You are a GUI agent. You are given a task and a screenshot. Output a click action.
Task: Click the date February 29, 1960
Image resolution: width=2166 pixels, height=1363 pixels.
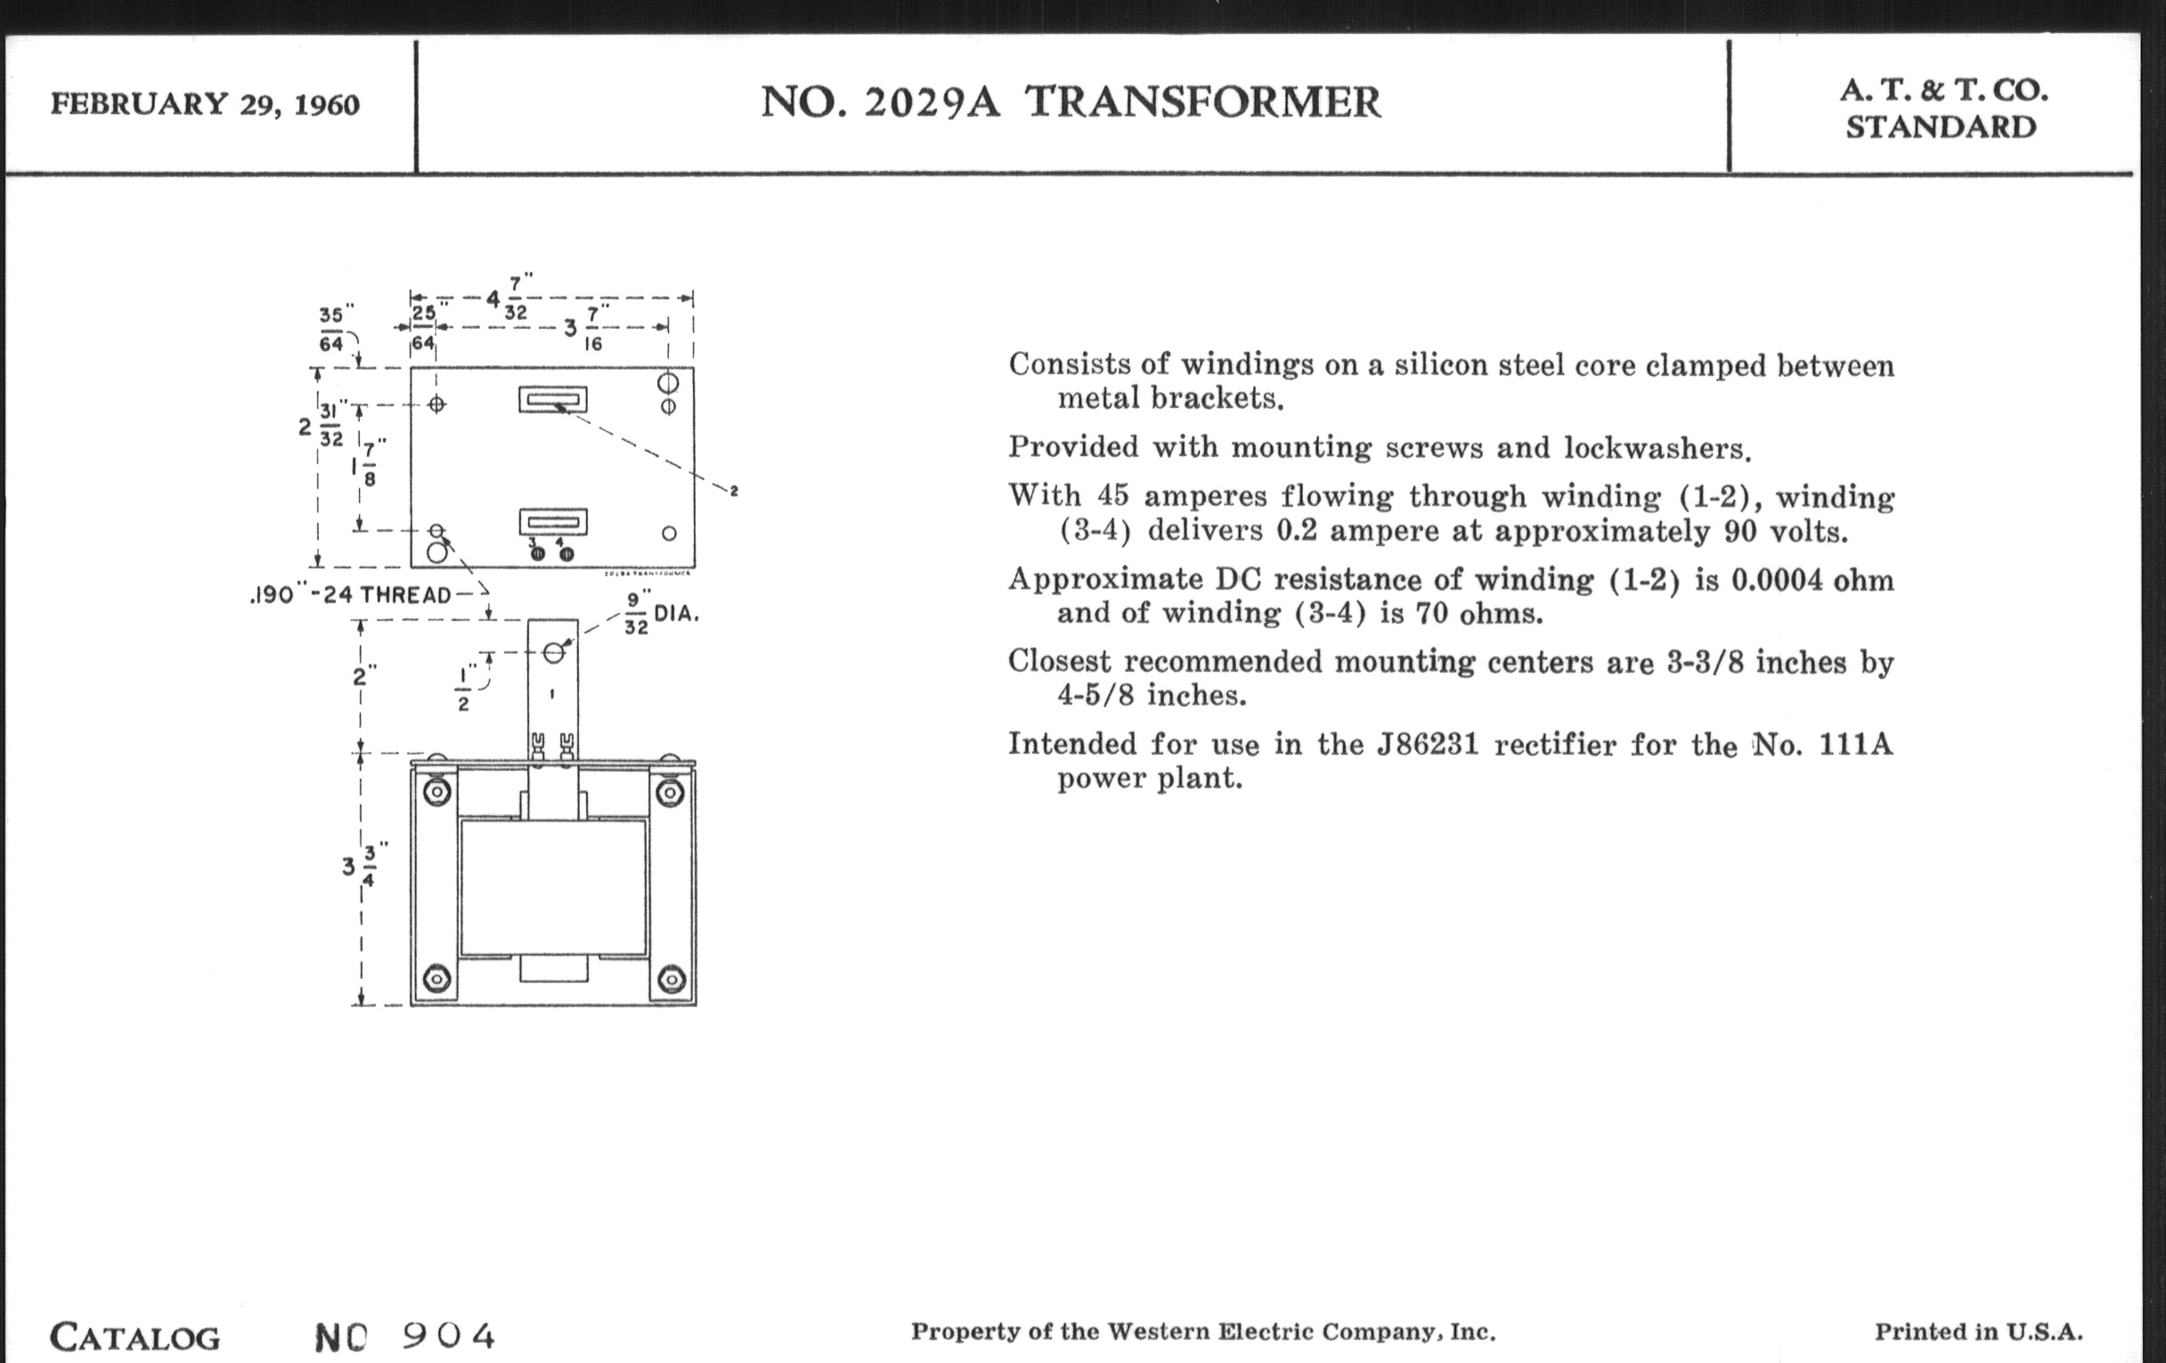(x=204, y=104)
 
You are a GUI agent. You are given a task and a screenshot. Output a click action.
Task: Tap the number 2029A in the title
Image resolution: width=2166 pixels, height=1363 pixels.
(x=931, y=102)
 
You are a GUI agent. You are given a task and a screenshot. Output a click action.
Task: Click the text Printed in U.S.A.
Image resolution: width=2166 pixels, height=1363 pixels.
(x=1978, y=1333)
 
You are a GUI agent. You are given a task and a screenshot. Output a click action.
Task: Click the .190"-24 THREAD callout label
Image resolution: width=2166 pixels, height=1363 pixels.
(x=351, y=595)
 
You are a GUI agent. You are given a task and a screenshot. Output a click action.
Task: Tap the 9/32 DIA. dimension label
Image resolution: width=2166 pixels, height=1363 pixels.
(x=660, y=614)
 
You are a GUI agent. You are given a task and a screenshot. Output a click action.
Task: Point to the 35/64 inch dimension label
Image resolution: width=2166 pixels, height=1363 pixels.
(x=332, y=329)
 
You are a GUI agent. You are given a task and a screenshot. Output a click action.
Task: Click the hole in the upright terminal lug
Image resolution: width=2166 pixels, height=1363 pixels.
(x=554, y=652)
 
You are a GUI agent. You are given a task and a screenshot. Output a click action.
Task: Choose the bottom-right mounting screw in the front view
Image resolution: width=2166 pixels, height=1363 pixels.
(x=671, y=979)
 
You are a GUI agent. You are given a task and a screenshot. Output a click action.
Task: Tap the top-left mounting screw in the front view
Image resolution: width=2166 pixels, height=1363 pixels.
(x=436, y=793)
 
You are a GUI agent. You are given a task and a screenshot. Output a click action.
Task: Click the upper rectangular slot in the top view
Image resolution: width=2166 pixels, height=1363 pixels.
(x=552, y=398)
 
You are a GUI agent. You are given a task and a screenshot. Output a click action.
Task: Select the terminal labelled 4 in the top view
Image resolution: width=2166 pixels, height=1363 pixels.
(x=566, y=553)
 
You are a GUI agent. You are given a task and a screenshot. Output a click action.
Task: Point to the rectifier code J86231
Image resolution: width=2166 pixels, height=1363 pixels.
(x=1428, y=745)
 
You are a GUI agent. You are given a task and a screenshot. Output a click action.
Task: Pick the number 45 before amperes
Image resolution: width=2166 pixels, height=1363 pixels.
(x=1112, y=496)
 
